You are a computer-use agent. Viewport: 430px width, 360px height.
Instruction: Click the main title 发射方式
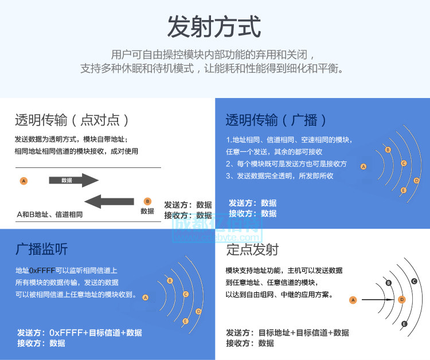[x=214, y=27]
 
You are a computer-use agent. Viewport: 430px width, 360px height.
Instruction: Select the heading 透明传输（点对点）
[x=72, y=120]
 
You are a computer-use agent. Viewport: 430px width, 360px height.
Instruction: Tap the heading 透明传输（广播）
[x=277, y=120]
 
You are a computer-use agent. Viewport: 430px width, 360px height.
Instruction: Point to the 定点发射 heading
[x=252, y=249]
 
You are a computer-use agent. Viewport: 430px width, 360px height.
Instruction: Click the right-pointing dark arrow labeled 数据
[x=74, y=180]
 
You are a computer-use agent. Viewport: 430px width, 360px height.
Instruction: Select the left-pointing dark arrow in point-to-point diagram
[x=109, y=201]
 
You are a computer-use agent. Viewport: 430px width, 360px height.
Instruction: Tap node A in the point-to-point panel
[x=24, y=181]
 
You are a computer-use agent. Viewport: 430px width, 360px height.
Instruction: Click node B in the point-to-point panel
[x=147, y=201]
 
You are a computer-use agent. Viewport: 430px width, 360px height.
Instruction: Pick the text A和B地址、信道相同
[x=50, y=214]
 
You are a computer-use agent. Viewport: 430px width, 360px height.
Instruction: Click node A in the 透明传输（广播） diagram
[x=363, y=167]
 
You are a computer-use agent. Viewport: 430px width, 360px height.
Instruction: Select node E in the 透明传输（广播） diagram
[x=404, y=190]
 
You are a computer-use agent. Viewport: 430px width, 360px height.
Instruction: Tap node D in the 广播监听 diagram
[x=198, y=311]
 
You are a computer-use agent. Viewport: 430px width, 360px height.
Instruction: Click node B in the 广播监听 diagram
[x=170, y=280]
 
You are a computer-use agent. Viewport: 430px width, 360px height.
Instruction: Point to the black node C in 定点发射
[x=414, y=281]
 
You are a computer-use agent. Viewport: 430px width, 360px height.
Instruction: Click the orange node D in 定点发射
[x=402, y=299]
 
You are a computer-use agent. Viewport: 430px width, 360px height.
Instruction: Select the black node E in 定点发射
[x=404, y=324]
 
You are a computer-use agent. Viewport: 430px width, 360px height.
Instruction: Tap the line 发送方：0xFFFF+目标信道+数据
[x=80, y=333]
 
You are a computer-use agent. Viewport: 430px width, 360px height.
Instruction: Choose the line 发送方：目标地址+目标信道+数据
[x=287, y=333]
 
